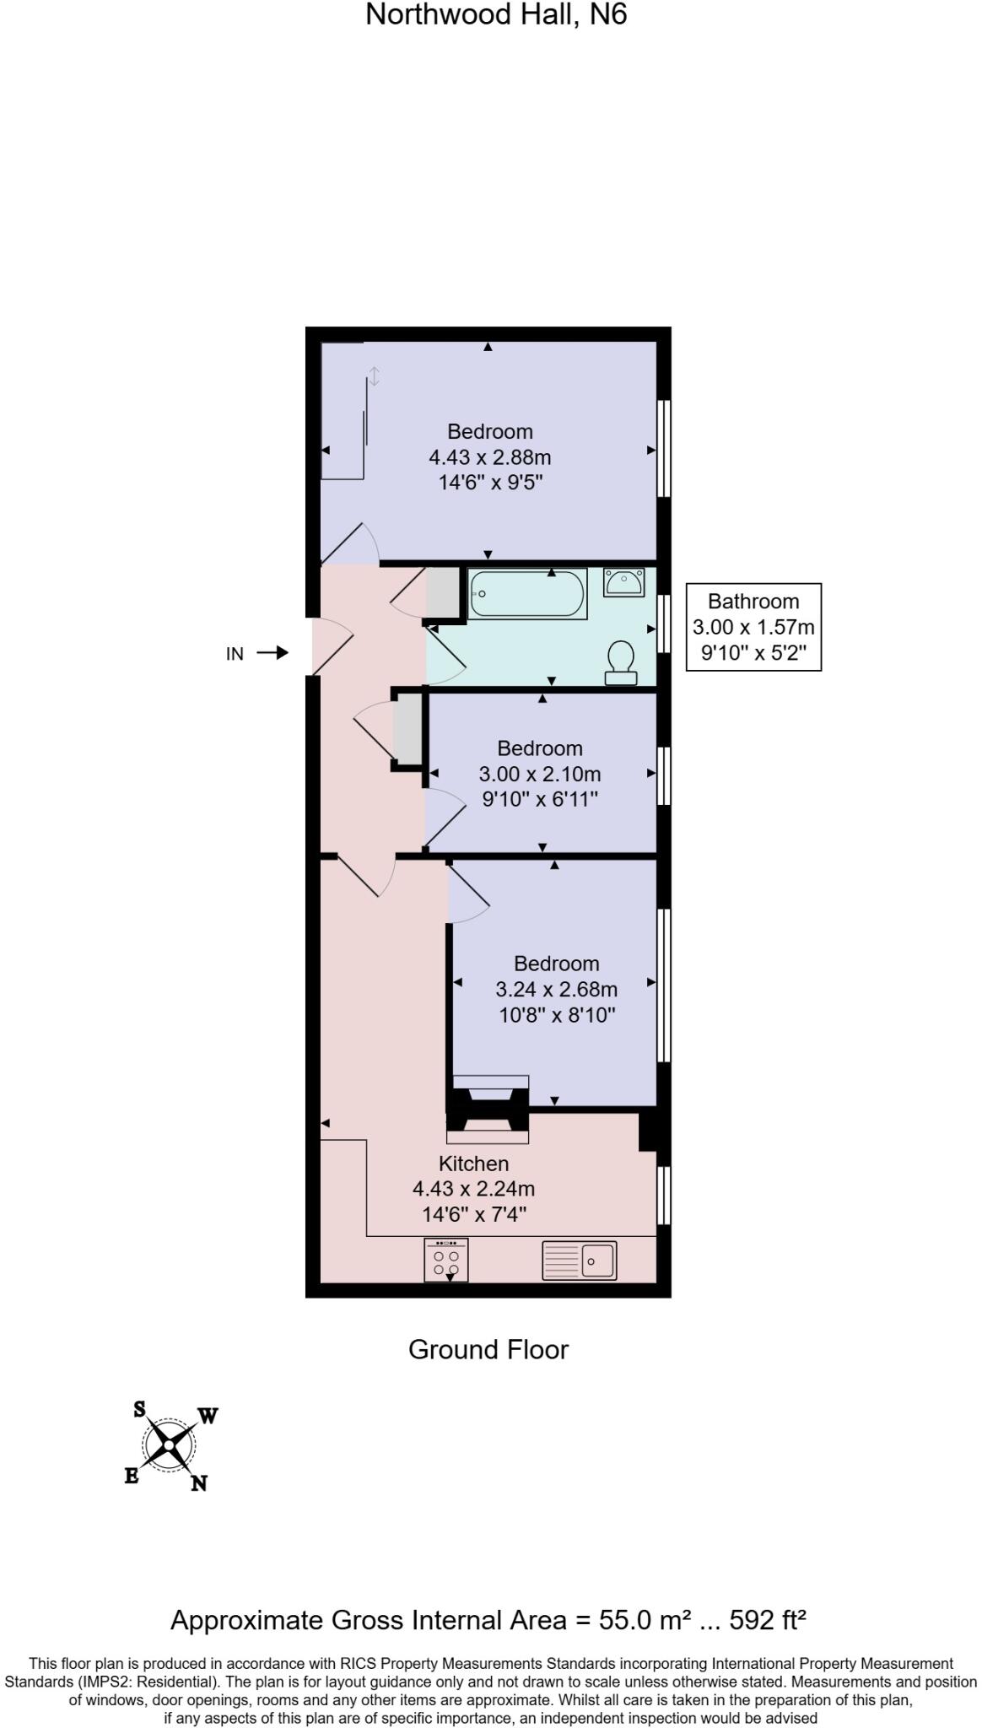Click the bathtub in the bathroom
527,594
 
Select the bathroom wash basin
623,582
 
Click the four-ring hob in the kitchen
446,1261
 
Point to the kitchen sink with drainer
579,1261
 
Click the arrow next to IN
272,653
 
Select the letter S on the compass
139,1408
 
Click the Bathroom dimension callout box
753,627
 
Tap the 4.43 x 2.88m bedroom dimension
489,457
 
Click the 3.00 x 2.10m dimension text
540,774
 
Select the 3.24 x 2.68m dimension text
556,989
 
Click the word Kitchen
473,1164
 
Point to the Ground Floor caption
488,1349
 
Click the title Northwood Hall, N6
496,15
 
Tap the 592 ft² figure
768,1620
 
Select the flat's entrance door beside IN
332,646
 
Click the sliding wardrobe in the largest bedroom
344,413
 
